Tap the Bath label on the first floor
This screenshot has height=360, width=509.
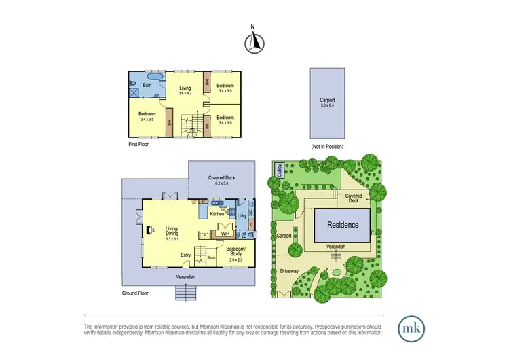147,85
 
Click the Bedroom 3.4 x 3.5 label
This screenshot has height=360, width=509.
147,116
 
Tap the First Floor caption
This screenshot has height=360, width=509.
138,144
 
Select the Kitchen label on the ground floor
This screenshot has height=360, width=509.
216,213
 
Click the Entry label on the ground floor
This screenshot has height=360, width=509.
185,255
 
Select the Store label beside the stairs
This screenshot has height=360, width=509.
210,257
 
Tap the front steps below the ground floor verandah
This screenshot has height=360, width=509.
185,292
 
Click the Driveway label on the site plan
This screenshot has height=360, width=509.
289,270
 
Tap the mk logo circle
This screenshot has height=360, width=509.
411,327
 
